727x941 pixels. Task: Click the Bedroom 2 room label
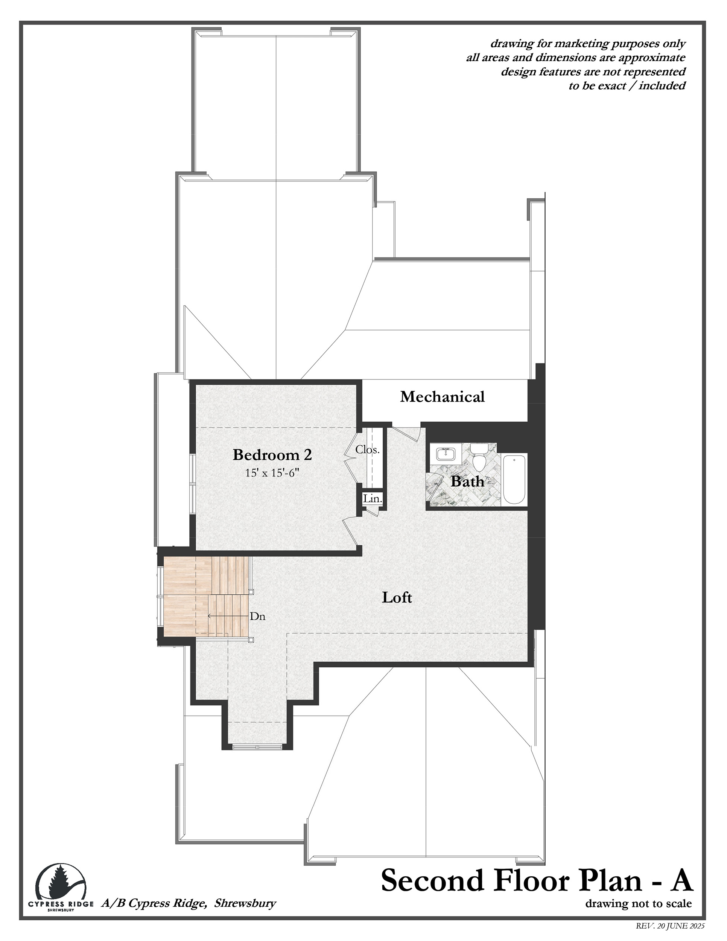(272, 455)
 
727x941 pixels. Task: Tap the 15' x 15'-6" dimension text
(272, 473)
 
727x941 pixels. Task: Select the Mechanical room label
(442, 396)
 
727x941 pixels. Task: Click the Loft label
(397, 597)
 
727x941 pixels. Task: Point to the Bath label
(467, 481)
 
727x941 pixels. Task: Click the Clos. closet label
(367, 450)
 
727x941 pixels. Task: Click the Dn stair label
(257, 617)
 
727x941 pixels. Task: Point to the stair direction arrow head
(210, 616)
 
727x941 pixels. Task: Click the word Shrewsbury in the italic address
(245, 903)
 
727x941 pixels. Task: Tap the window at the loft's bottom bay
(257, 747)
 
